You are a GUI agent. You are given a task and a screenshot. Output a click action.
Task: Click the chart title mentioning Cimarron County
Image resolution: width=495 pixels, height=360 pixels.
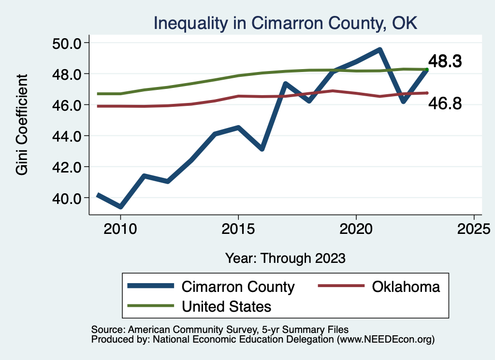(x=285, y=23)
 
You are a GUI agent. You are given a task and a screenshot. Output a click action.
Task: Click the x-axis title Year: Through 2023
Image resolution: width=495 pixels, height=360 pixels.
(x=285, y=258)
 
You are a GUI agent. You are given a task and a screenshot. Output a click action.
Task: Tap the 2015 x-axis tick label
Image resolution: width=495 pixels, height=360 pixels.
(x=238, y=228)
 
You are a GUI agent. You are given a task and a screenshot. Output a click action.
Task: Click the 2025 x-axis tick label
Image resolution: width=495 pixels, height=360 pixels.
(x=474, y=228)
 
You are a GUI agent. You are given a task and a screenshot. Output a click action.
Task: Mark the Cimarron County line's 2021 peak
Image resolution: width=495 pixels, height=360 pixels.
(x=380, y=50)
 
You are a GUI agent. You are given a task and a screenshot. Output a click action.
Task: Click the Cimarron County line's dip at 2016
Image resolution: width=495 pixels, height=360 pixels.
(x=262, y=149)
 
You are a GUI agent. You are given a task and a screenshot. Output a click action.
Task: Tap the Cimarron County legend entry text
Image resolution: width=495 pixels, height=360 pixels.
(x=238, y=287)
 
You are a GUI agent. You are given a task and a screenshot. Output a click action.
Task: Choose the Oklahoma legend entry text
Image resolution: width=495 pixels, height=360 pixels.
(x=406, y=287)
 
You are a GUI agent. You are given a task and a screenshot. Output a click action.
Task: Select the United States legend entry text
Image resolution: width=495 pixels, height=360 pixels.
(x=226, y=306)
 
